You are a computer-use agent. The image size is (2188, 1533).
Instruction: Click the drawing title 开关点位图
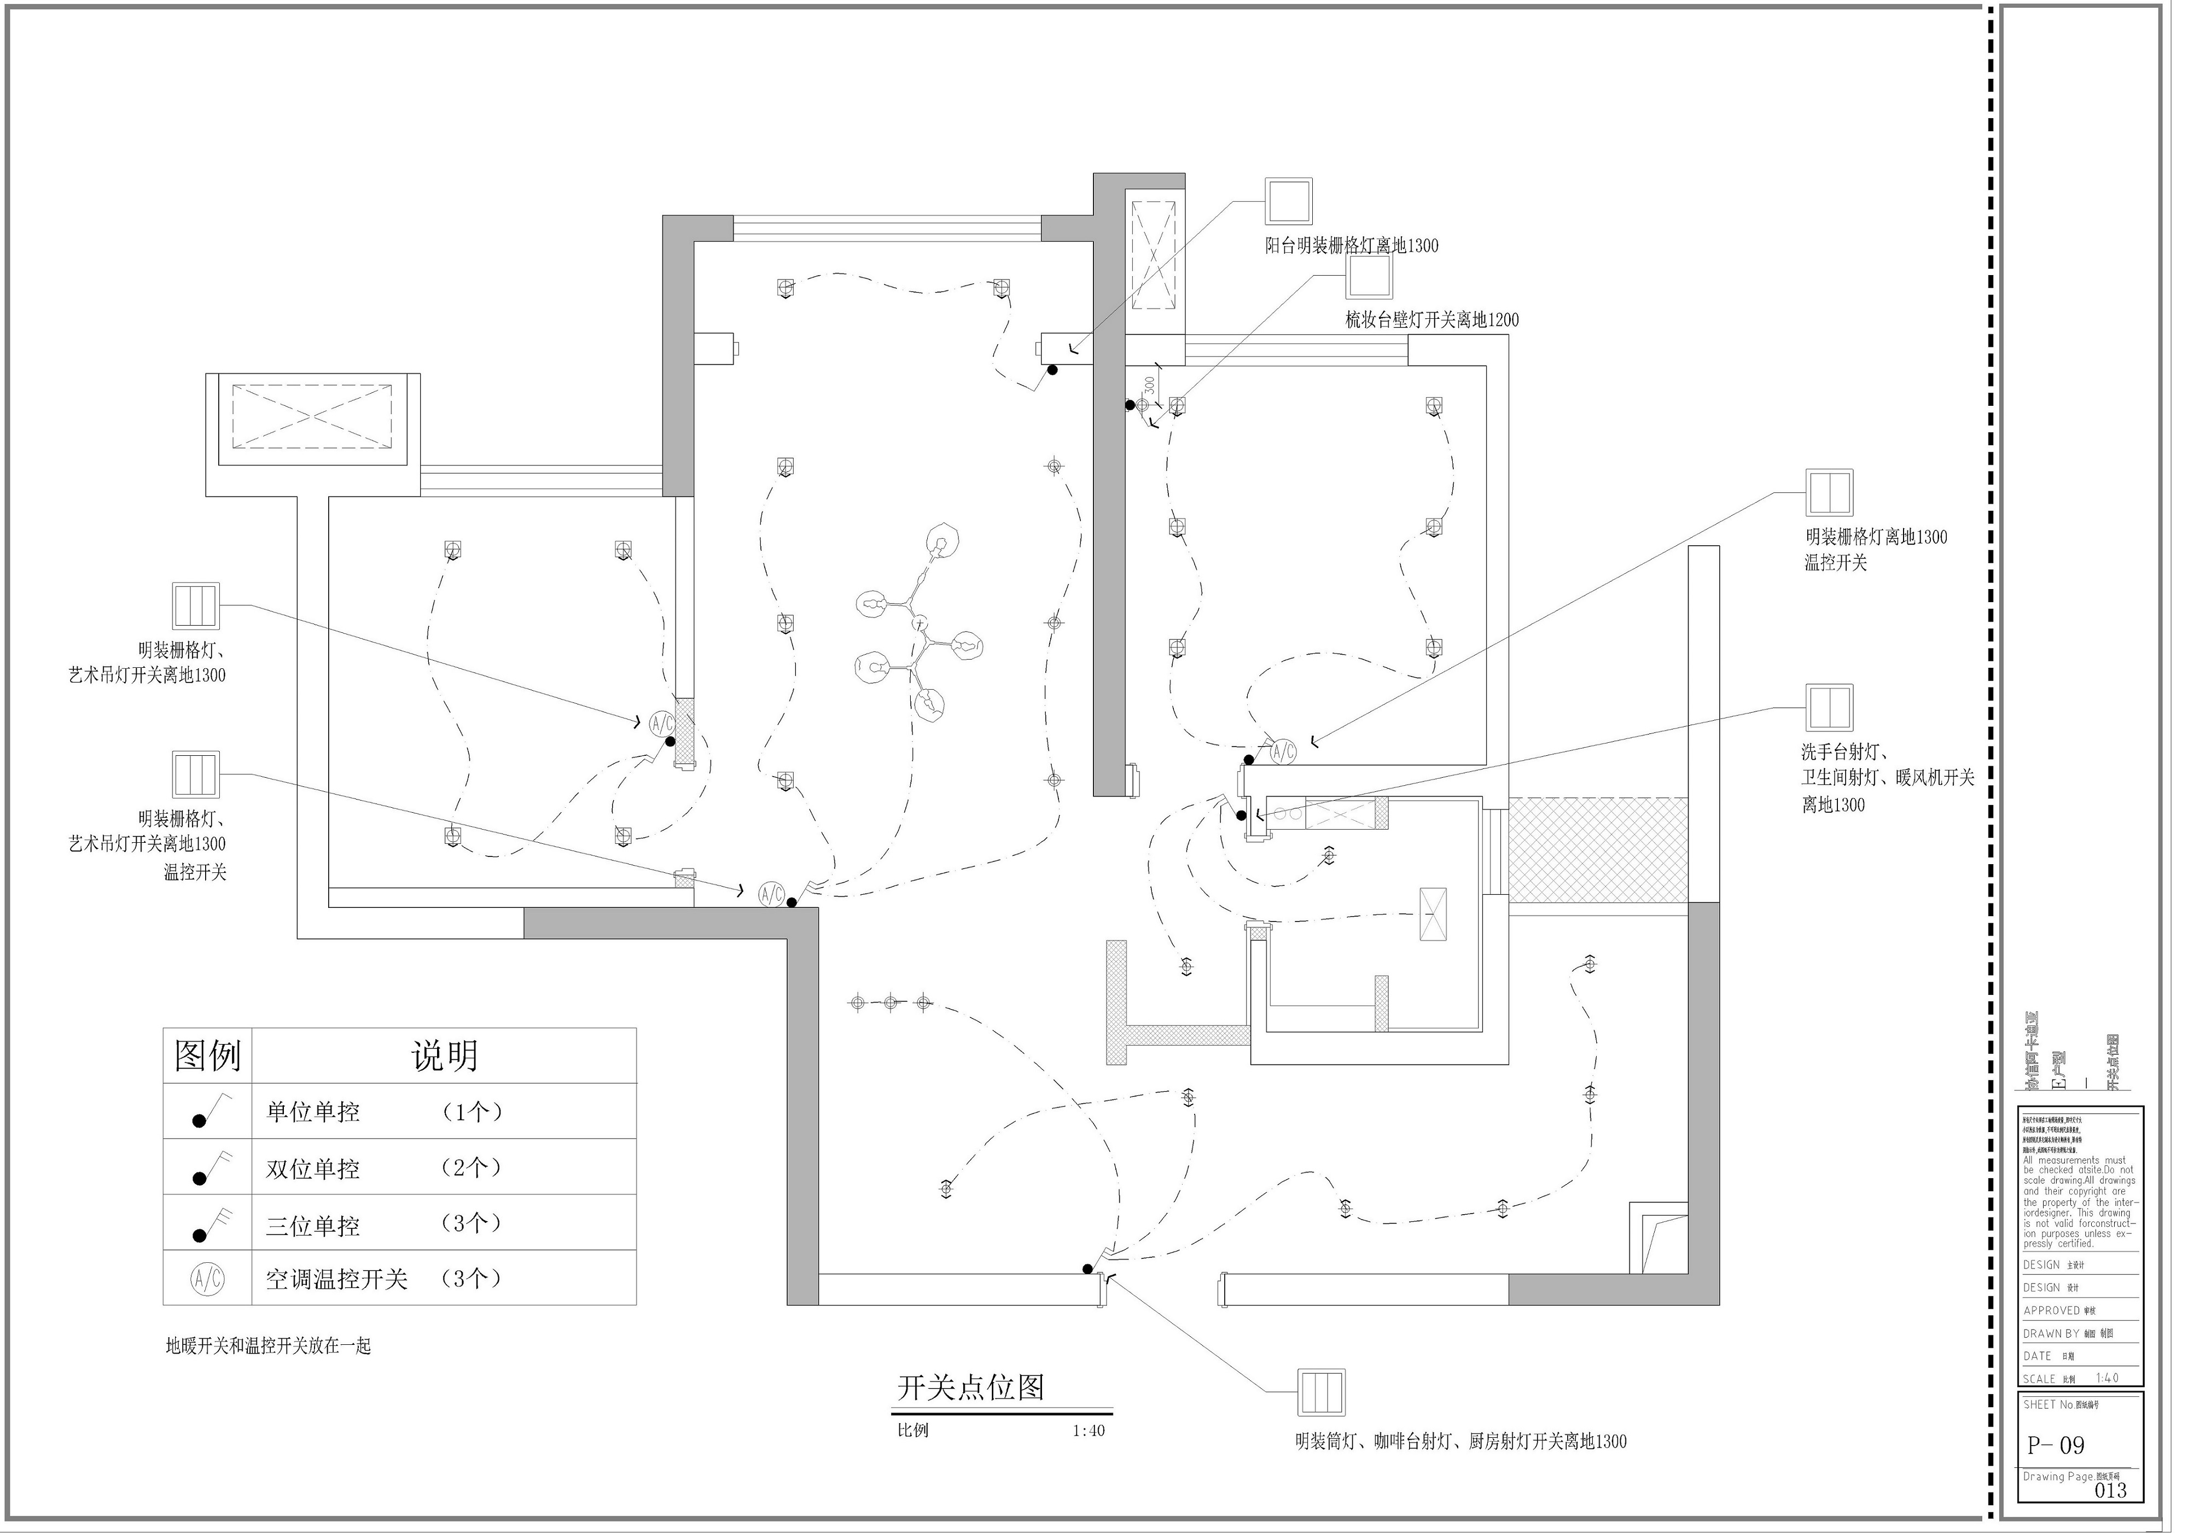coord(970,1387)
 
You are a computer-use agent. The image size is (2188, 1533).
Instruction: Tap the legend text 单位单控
coord(312,1112)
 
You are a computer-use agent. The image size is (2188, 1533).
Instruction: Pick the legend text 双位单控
coord(312,1169)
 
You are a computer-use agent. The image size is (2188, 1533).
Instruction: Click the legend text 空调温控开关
coord(336,1280)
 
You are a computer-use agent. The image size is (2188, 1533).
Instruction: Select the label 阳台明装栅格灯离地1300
coord(1351,246)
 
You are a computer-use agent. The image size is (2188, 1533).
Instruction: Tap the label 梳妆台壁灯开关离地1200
coord(1431,320)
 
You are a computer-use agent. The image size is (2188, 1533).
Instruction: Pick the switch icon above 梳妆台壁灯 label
coord(1369,277)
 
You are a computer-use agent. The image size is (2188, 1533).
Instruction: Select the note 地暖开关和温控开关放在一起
coord(268,1347)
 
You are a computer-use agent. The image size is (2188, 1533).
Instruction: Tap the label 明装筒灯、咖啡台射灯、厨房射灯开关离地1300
coord(1460,1442)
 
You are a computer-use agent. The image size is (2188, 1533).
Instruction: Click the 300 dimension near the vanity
coord(1149,386)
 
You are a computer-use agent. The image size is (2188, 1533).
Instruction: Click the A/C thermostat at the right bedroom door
coord(1284,751)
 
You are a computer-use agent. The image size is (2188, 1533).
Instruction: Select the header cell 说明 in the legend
coord(444,1056)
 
